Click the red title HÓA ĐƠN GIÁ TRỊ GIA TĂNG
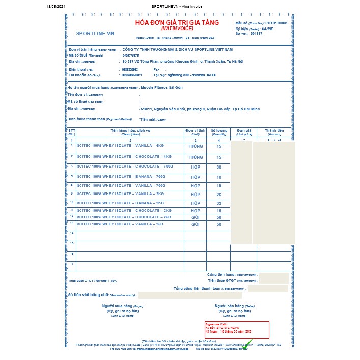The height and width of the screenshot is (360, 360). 177,23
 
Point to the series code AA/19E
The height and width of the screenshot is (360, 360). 266,29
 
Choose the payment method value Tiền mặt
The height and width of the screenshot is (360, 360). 152,119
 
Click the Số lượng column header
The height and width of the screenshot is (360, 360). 219,132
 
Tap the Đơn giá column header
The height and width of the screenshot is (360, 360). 241,132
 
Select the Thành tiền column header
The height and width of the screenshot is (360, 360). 274,132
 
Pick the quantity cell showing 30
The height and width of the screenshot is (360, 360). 219,167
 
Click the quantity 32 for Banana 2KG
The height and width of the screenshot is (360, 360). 219,203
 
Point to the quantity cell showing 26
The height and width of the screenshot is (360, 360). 219,195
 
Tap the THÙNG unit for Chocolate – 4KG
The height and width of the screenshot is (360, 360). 195,157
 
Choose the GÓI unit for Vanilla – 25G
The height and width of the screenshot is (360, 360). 195,224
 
